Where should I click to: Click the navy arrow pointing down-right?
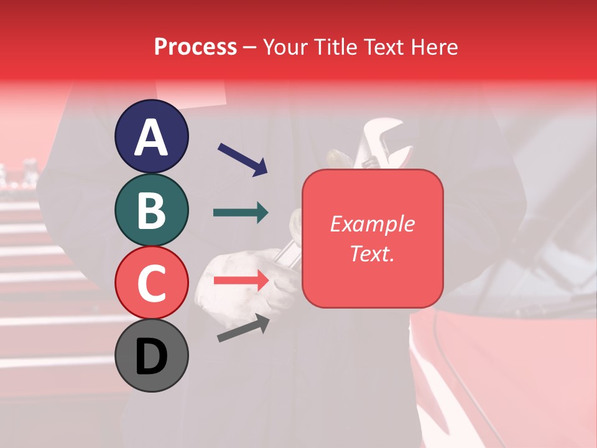point(242,159)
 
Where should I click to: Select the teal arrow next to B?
point(241,213)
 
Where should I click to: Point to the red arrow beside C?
point(241,281)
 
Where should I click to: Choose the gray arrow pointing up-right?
point(243,327)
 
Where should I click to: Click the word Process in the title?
point(195,47)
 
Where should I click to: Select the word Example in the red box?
point(373,224)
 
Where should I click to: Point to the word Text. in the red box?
point(373,253)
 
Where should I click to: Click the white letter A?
point(151,138)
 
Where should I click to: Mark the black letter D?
point(151,357)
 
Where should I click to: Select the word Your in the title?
point(287,47)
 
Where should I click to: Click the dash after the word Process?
point(250,47)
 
